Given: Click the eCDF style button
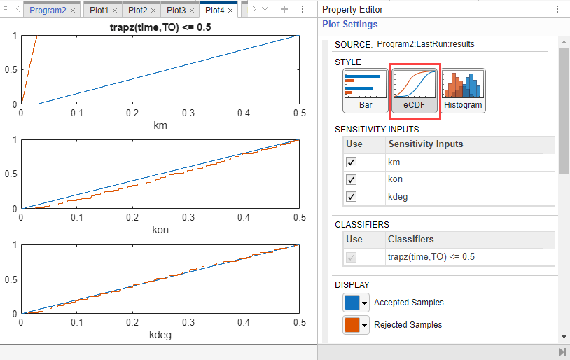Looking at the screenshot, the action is pyautogui.click(x=415, y=91).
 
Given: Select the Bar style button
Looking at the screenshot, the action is pyautogui.click(x=366, y=91).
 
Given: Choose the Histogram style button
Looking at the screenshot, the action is pyautogui.click(x=463, y=91).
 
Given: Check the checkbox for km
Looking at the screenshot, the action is pyautogui.click(x=351, y=162).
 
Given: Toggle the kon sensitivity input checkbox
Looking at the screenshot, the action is pyautogui.click(x=351, y=179).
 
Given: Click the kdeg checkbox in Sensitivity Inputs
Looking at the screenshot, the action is pyautogui.click(x=351, y=196).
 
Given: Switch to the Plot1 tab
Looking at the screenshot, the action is pyautogui.click(x=99, y=11).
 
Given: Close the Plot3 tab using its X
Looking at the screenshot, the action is pyautogui.click(x=192, y=11).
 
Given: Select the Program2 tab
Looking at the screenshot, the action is pyautogui.click(x=48, y=11).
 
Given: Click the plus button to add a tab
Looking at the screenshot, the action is pyautogui.click(x=284, y=9).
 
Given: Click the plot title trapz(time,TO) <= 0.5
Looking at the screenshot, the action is pyautogui.click(x=160, y=27).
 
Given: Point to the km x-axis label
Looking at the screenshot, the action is pyautogui.click(x=160, y=125).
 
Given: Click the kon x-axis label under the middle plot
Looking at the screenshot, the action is pyautogui.click(x=160, y=230).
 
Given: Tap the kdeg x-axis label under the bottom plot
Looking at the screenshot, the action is pyautogui.click(x=160, y=335).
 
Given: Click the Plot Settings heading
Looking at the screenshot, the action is pyautogui.click(x=349, y=25).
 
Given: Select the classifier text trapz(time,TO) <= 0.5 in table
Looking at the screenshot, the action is pyautogui.click(x=431, y=257).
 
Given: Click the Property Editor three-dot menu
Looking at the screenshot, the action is pyautogui.click(x=557, y=9).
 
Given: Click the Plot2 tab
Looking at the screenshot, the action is pyautogui.click(x=137, y=11).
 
